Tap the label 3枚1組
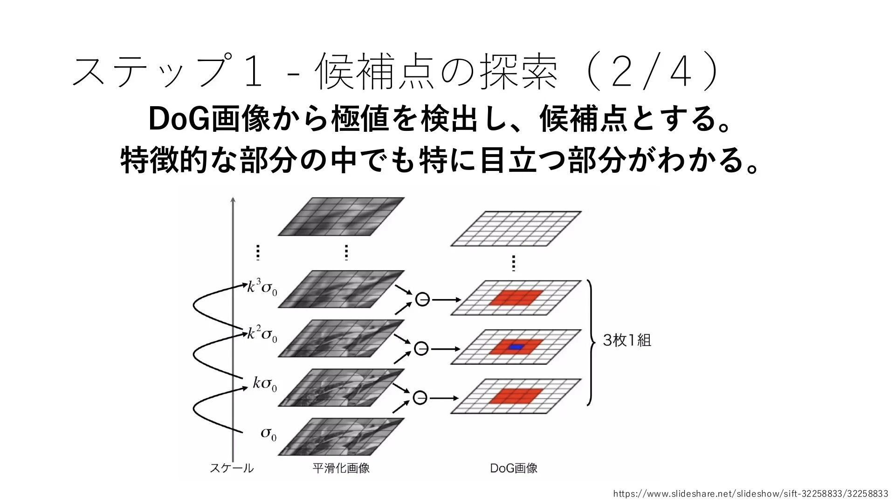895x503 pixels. point(627,340)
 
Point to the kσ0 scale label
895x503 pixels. point(265,384)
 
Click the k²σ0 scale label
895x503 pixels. point(262,334)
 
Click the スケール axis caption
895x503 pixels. point(232,468)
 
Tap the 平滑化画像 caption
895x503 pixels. point(341,468)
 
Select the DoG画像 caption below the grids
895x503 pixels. point(514,468)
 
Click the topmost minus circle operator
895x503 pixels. point(422,299)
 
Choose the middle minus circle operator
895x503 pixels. point(421,348)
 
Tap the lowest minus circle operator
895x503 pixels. point(420,398)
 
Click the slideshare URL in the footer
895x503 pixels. point(750,494)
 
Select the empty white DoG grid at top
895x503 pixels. point(516,229)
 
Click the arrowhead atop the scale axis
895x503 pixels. point(233,200)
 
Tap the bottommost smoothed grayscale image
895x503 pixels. point(341,436)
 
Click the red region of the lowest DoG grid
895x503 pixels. point(516,395)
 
